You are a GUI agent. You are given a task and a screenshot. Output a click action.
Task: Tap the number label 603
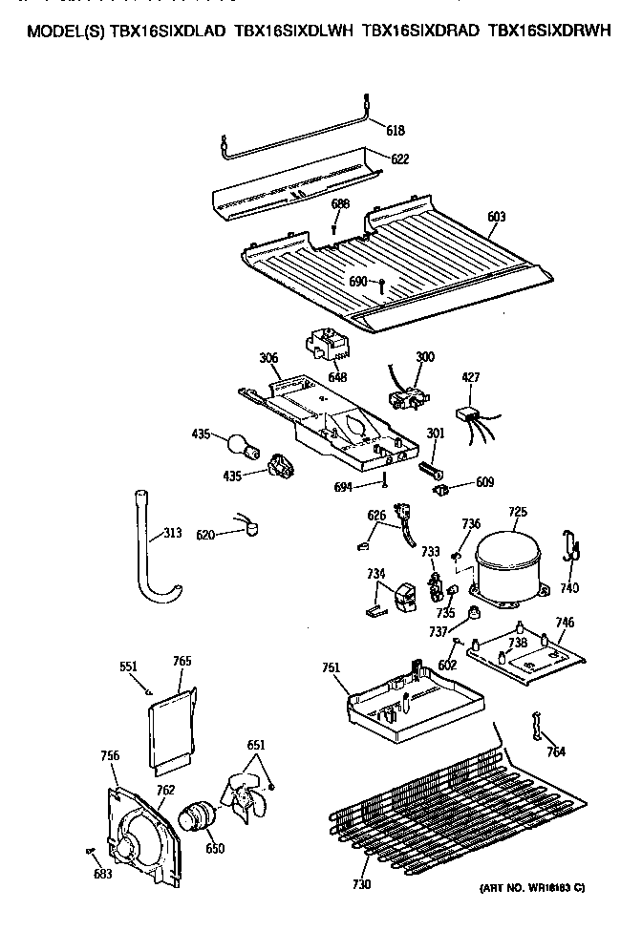496,217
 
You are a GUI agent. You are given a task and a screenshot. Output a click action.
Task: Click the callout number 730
361,885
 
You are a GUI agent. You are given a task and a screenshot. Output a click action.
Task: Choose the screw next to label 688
333,228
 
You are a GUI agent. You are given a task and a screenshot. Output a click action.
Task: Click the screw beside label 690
382,283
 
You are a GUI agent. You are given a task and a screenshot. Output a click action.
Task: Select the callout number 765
182,660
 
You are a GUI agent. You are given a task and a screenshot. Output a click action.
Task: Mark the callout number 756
110,755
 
